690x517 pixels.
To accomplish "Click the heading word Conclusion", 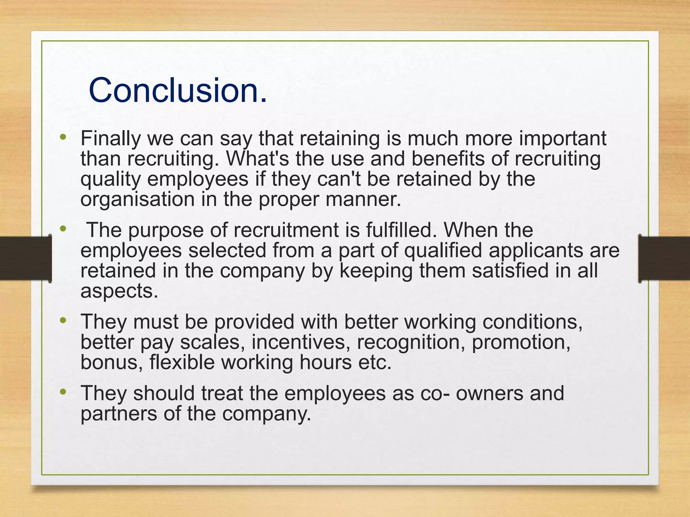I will tap(178, 90).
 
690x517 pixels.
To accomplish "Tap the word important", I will tap(562, 138).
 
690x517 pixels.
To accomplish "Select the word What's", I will tap(257, 159).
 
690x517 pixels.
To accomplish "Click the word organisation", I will tap(137, 199).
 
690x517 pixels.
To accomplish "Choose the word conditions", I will tap(532, 322).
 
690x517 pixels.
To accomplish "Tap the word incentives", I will tap(299, 342).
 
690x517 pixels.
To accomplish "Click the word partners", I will tap(119, 413).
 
